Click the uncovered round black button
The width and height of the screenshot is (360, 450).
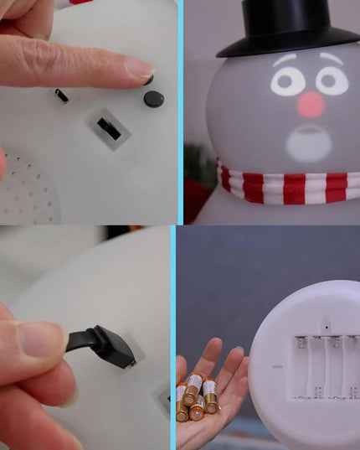pyautogui.click(x=153, y=99)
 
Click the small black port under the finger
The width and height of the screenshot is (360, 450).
pyautogui.click(x=62, y=95)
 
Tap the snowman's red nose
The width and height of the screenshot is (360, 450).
pyautogui.click(x=311, y=105)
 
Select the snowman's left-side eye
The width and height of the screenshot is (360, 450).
pyautogui.click(x=287, y=81)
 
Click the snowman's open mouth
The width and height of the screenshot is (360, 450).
pyautogui.click(x=311, y=142)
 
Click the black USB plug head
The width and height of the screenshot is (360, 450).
pyautogui.click(x=114, y=345)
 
